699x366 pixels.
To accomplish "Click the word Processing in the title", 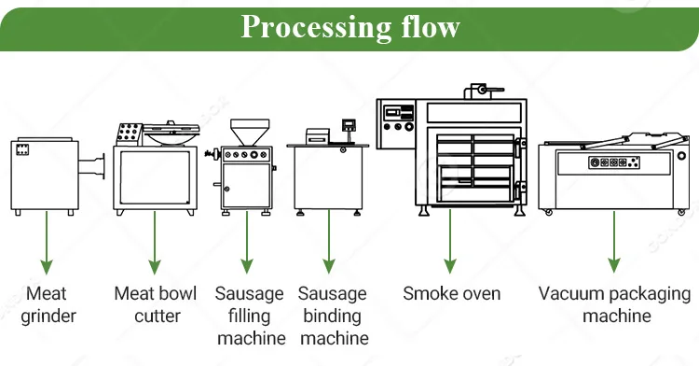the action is pos(316,28).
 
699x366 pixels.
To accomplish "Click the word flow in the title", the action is pos(431,26).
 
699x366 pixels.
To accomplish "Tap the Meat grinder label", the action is pos(48,304).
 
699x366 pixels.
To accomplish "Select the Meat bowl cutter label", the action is pos(155,304).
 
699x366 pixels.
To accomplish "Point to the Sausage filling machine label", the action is pos(250,316).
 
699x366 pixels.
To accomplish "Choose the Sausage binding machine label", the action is pos(333,316).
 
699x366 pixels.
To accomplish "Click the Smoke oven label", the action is pos(452,293).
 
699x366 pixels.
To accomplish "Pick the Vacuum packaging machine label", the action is pos(614,304).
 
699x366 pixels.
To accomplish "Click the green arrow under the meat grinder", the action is pos(47,243).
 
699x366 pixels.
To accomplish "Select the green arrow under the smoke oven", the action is pos(450,241).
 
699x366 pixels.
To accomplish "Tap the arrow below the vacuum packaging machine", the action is pos(614,242).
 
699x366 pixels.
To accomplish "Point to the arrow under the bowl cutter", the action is pos(155,243).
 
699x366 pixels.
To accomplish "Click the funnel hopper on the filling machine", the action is pos(250,132).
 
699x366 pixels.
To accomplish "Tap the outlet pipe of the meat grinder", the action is pos(92,166).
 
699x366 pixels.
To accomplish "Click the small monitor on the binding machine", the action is pos(349,124).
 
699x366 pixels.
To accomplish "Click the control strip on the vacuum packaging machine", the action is pos(614,162).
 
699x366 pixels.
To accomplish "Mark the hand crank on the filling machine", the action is pos(213,154).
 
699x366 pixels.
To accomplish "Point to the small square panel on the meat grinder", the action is pos(22,149).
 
